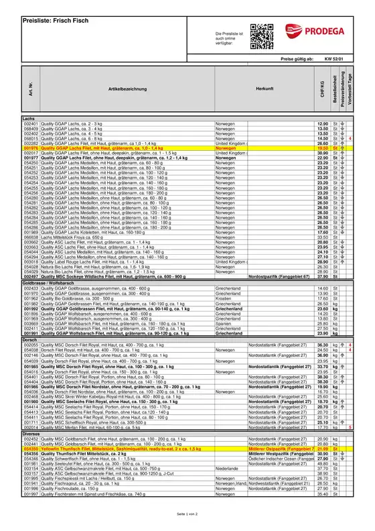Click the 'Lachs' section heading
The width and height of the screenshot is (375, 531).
(x=29, y=118)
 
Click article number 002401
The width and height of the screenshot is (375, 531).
(x=31, y=123)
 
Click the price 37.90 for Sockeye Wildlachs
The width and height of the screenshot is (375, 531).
(x=322, y=276)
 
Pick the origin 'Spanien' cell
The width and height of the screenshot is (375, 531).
(x=224, y=324)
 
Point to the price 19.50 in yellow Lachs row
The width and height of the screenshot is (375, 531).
(x=322, y=147)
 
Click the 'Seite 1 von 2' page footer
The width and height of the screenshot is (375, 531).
(x=187, y=513)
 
